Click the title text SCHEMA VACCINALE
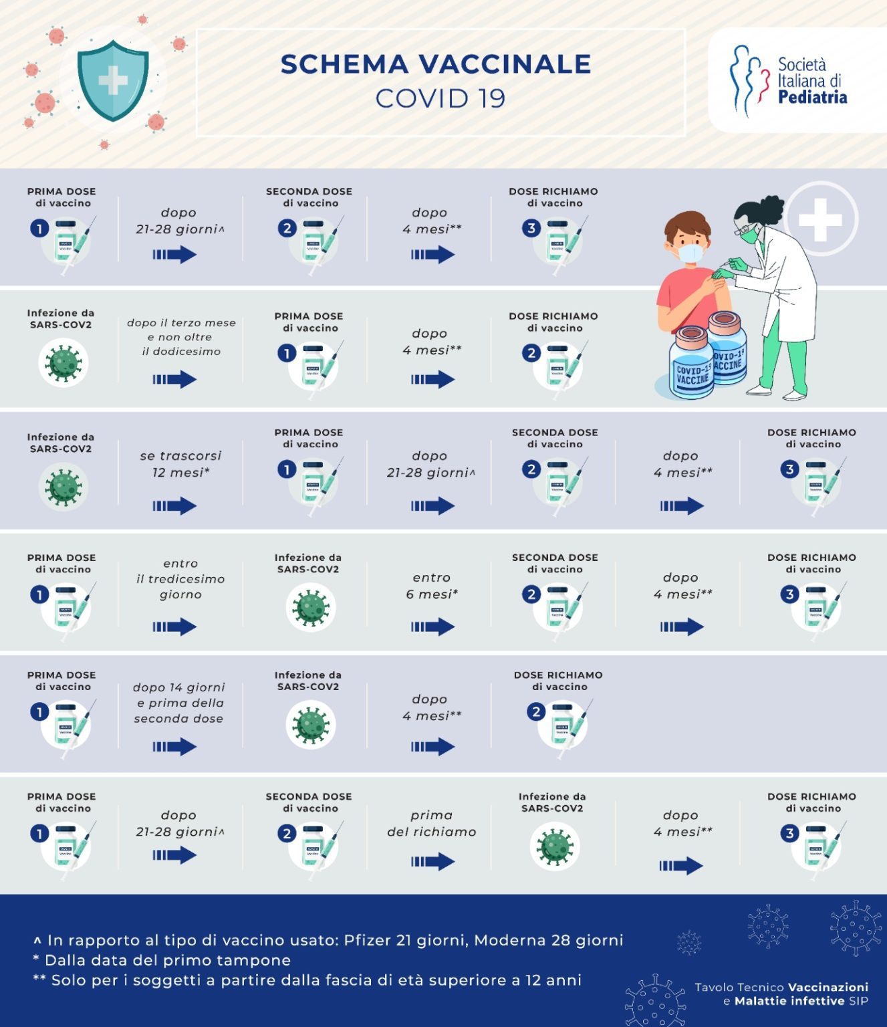point(436,64)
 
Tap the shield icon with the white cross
point(112,80)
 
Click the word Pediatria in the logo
point(812,98)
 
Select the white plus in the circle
point(820,219)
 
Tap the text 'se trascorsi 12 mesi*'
point(180,464)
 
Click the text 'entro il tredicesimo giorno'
point(180,579)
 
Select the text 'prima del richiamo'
point(432,824)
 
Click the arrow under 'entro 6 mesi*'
point(432,626)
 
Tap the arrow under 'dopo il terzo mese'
point(174,379)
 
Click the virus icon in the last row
point(554,847)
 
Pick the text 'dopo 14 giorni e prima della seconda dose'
point(178,703)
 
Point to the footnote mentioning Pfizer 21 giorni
point(328,940)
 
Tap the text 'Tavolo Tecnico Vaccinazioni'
point(781,987)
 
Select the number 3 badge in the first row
point(531,228)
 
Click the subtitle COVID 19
point(440,98)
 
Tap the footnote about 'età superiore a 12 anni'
point(307,980)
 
